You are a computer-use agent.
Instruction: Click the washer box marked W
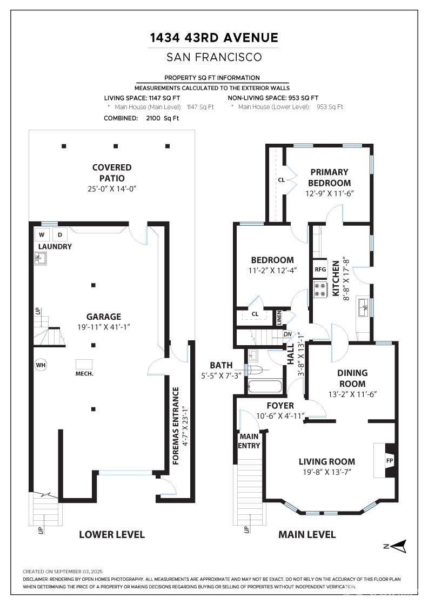tap(42, 234)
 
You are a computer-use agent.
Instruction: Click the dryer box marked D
tap(60, 234)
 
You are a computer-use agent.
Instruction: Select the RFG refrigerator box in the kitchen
tap(320, 270)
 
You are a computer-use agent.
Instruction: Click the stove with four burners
tap(320, 290)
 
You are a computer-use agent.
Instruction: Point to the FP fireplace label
tap(390, 461)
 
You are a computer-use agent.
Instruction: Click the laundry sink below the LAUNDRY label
tap(41, 258)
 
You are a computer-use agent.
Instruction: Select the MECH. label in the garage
tap(84, 373)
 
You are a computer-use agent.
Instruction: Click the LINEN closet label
tap(279, 318)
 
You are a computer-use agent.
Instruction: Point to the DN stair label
tap(287, 334)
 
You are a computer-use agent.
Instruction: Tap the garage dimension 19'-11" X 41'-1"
tap(104, 327)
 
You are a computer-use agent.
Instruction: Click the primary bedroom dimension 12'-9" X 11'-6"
tap(330, 193)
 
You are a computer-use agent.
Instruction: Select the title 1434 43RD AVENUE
tap(214, 38)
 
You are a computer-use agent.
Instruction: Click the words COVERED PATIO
tap(112, 172)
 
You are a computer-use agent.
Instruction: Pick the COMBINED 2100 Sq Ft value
tap(163, 118)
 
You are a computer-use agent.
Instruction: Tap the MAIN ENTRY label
tap(249, 441)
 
